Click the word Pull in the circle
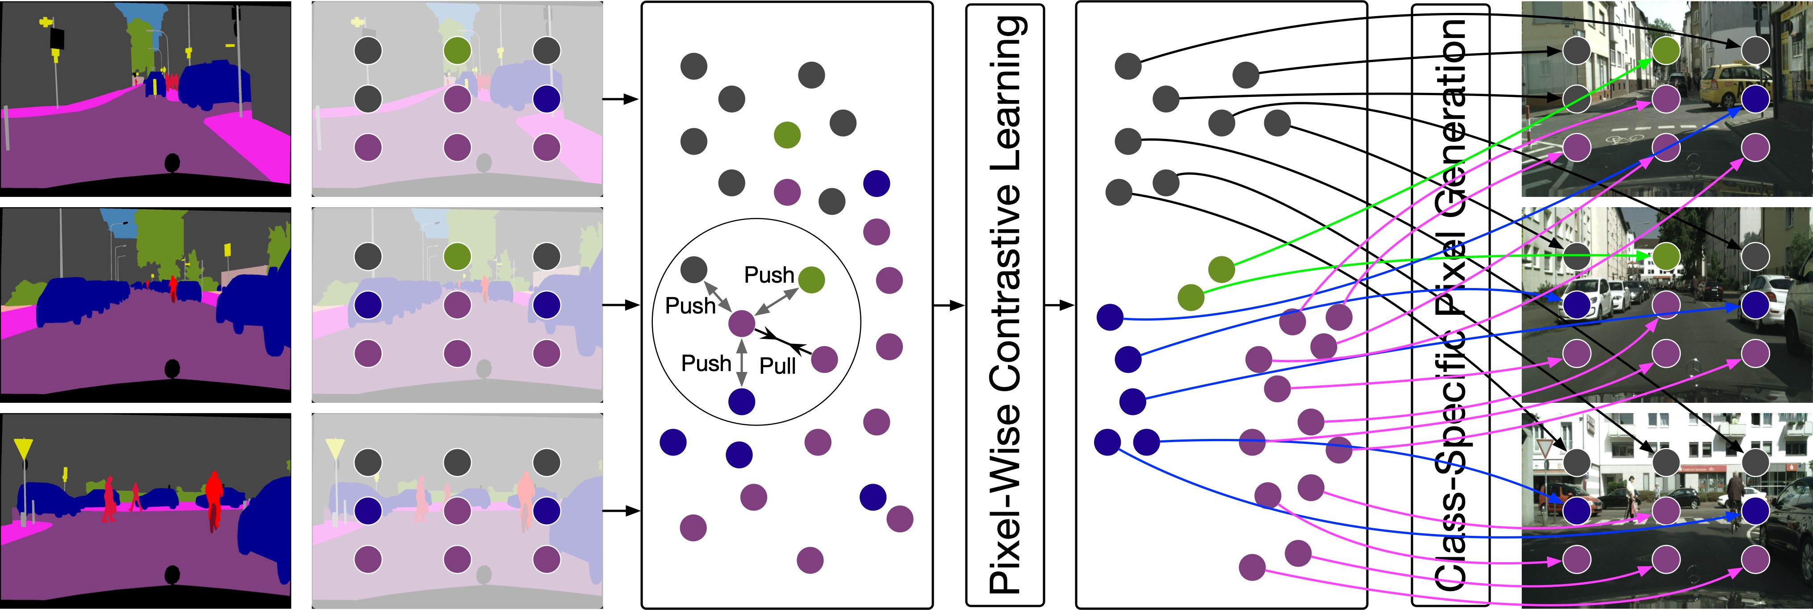778,366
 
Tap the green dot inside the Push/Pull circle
811,280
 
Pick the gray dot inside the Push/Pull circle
694,269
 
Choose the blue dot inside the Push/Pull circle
742,402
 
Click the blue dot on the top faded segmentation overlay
547,99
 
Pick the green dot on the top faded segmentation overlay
457,50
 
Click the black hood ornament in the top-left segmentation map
172,163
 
